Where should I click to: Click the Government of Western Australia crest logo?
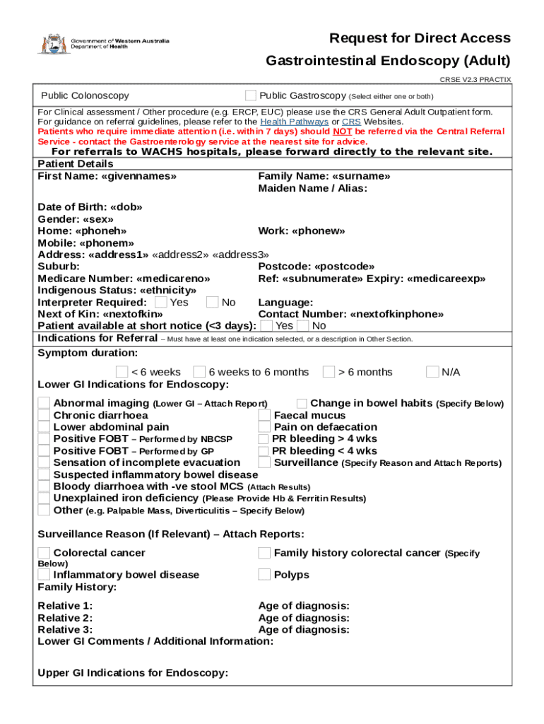pos(52,44)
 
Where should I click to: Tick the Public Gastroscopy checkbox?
pos(251,95)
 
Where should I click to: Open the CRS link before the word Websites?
pos(351,122)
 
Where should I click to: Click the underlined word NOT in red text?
pos(343,132)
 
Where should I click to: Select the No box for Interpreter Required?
pos(212,303)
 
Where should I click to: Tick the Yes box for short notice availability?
pos(266,326)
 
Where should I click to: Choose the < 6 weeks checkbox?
pos(122,372)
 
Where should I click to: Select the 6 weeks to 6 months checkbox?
pos(199,372)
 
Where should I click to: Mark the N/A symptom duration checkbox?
pos(432,372)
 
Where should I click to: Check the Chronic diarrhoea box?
pos(44,416)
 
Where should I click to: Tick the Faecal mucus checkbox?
pos(264,416)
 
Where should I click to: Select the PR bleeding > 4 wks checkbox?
pos(264,439)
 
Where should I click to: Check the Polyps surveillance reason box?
pos(264,575)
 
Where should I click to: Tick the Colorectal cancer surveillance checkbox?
pos(44,553)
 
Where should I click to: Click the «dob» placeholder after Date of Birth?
pos(126,208)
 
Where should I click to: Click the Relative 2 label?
pos(64,618)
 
